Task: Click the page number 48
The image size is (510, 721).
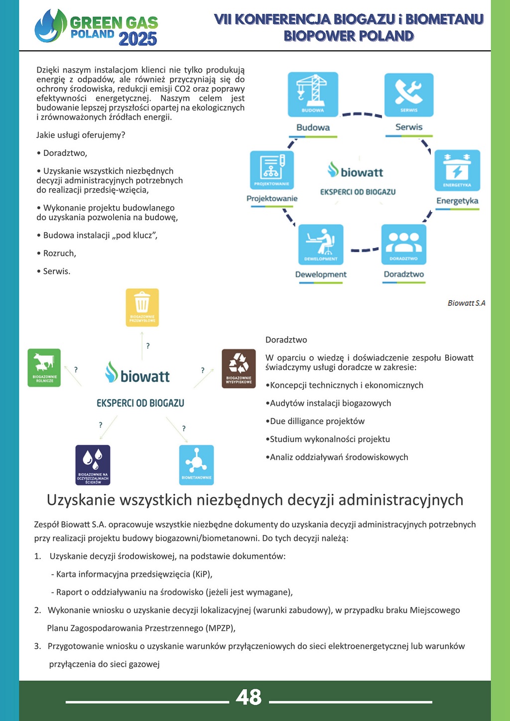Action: pos(249,697)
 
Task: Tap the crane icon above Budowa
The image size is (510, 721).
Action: pos(313,94)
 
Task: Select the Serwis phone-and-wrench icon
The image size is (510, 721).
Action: pos(409,94)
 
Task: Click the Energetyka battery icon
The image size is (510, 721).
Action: pos(457,170)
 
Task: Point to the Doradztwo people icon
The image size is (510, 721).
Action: pos(403,244)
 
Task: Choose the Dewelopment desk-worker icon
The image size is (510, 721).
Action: pos(321,244)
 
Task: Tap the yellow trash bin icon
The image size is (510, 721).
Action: pos(142,307)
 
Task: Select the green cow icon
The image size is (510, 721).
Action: pos(44,367)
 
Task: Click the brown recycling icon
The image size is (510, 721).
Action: pos(239,368)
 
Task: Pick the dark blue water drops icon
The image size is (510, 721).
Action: pos(93,465)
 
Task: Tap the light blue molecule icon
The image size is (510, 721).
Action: pos(196,465)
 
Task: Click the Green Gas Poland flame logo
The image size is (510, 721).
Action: pos(50,26)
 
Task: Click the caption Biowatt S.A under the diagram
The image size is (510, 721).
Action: pos(466,303)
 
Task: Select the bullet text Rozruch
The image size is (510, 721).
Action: pos(59,253)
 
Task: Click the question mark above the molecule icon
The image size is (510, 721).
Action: pos(184,428)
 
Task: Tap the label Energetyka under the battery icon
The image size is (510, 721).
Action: pos(457,201)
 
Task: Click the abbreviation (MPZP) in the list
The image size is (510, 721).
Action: pos(220,628)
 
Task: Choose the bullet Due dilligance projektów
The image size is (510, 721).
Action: pos(317,421)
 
